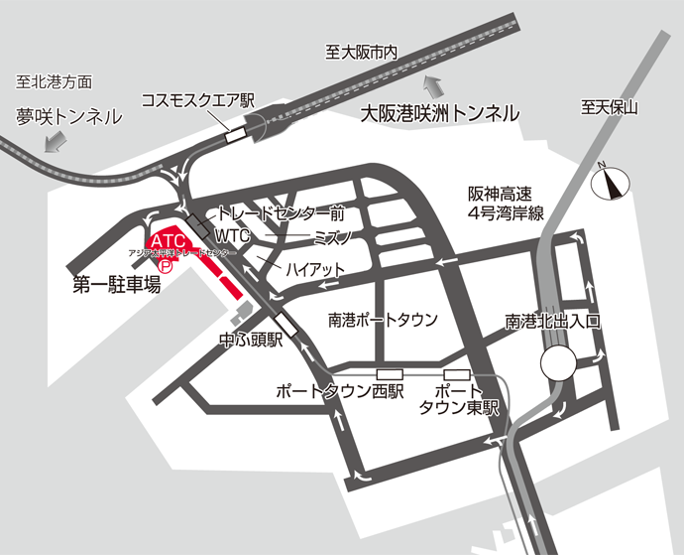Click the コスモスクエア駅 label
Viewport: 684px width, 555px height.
pos(198,100)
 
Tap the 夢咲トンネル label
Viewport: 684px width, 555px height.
pos(68,116)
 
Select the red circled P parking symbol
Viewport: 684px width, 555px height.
pos(167,266)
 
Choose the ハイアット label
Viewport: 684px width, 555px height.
pos(314,269)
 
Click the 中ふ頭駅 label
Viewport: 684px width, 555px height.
pos(250,340)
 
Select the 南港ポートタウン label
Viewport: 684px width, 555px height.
pos(383,320)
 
